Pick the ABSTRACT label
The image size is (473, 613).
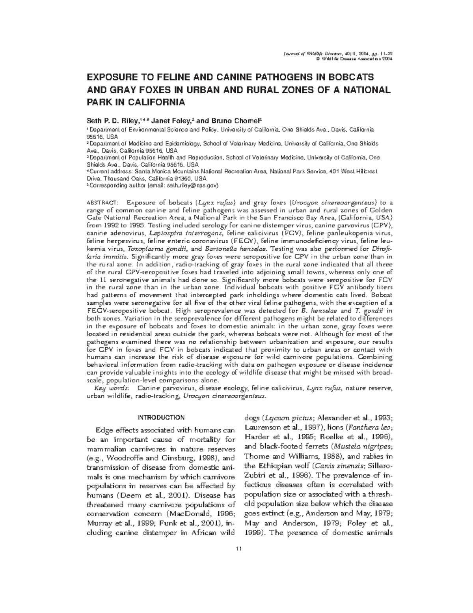[100, 203]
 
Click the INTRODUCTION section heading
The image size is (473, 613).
[160, 417]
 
